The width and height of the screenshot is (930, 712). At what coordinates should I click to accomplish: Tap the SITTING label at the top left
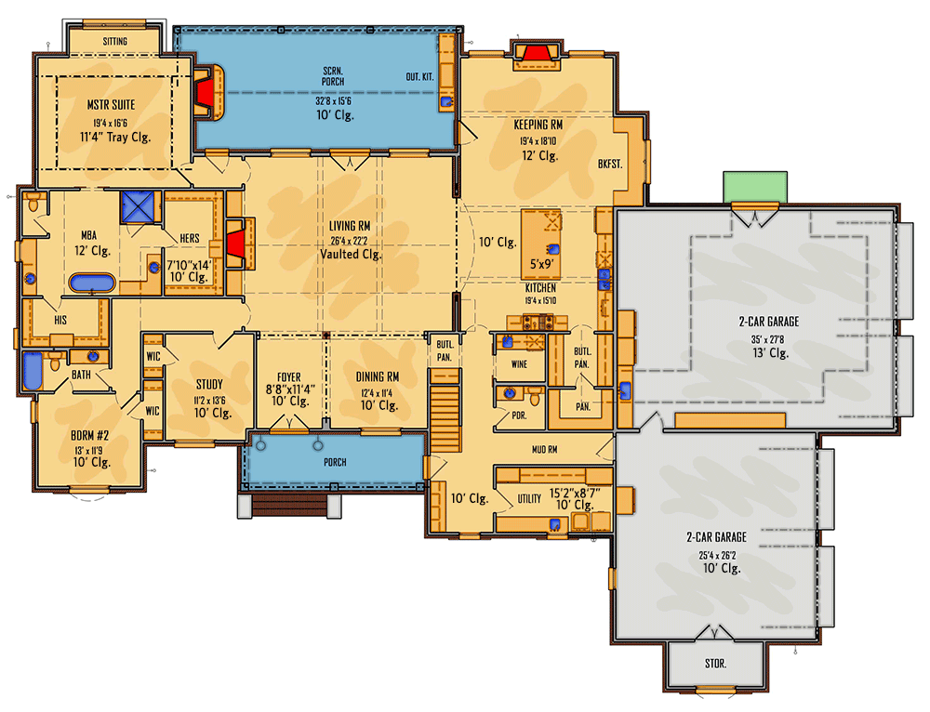114,41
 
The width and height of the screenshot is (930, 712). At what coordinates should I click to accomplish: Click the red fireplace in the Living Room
236,244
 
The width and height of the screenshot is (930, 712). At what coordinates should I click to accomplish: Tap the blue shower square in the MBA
139,206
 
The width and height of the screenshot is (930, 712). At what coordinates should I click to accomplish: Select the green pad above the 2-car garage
755,186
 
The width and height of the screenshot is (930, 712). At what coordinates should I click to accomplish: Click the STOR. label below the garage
715,665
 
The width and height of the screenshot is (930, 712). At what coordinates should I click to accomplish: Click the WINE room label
519,364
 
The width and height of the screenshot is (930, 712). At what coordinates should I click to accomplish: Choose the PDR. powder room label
519,415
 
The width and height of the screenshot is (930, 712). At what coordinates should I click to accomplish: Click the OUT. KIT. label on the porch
418,76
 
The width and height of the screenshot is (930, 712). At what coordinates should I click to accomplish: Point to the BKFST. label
610,164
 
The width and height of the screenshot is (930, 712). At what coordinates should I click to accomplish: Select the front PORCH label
335,462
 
